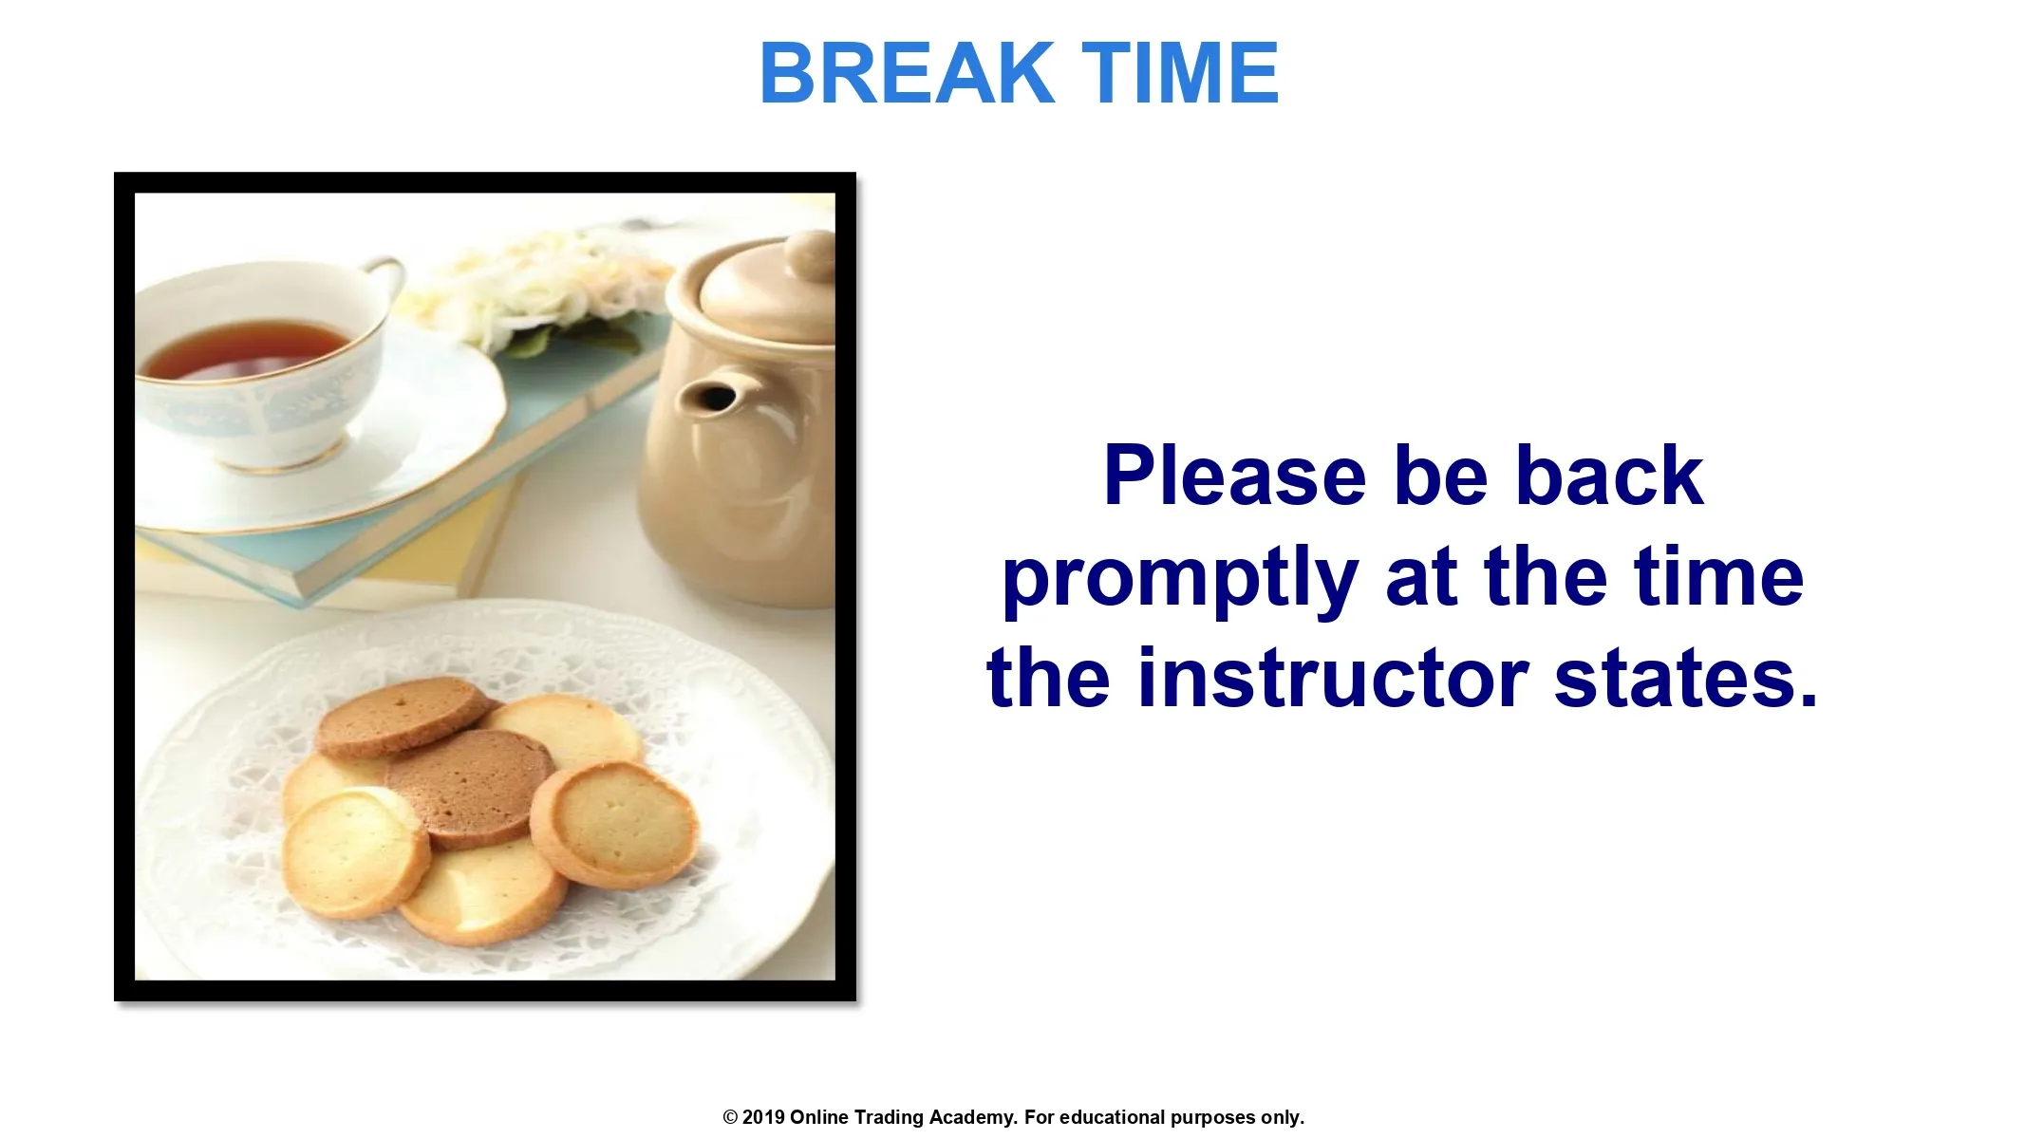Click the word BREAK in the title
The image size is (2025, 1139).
(907, 73)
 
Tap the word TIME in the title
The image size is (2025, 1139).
(1181, 73)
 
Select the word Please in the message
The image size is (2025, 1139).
(1234, 476)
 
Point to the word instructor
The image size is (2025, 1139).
(1332, 678)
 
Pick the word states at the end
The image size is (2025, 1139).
(1685, 680)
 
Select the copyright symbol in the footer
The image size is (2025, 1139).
(730, 1117)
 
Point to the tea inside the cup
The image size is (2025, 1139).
(245, 349)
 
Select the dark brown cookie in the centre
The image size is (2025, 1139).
(470, 787)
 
